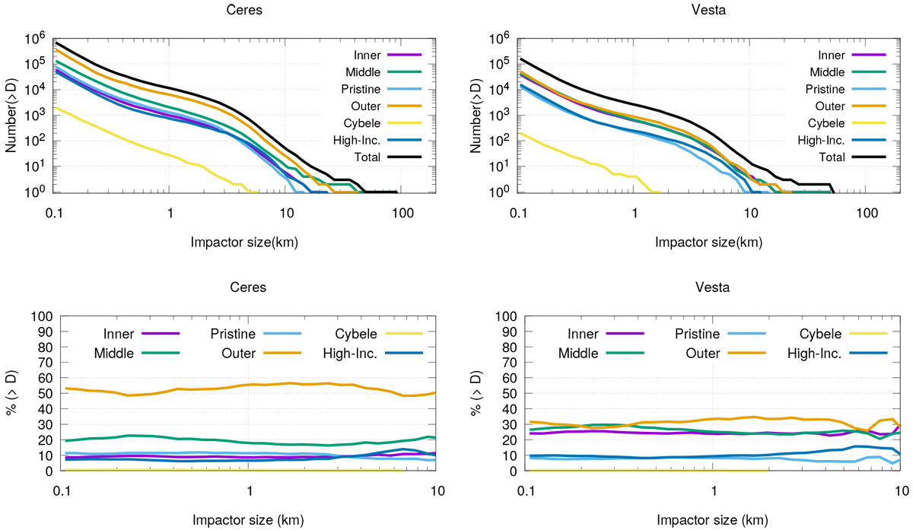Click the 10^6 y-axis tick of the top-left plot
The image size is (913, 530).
(x=39, y=37)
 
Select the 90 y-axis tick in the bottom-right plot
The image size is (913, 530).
(x=506, y=332)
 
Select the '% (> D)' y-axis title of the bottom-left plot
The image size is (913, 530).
(x=13, y=393)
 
